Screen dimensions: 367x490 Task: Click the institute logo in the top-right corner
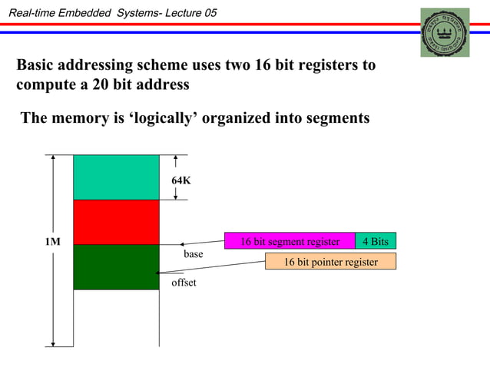[445, 32]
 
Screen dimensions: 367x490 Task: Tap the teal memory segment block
[116, 177]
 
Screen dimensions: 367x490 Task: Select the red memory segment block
[116, 222]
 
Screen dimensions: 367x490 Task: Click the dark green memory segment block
[116, 266]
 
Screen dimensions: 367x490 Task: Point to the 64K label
[180, 180]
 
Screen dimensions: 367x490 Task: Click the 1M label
[52, 242]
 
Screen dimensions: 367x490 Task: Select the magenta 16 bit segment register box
[290, 242]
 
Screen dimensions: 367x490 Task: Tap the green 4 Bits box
[376, 242]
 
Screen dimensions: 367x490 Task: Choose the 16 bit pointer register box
[331, 262]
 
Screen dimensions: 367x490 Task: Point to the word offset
[184, 283]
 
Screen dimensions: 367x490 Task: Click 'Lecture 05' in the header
[190, 9]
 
